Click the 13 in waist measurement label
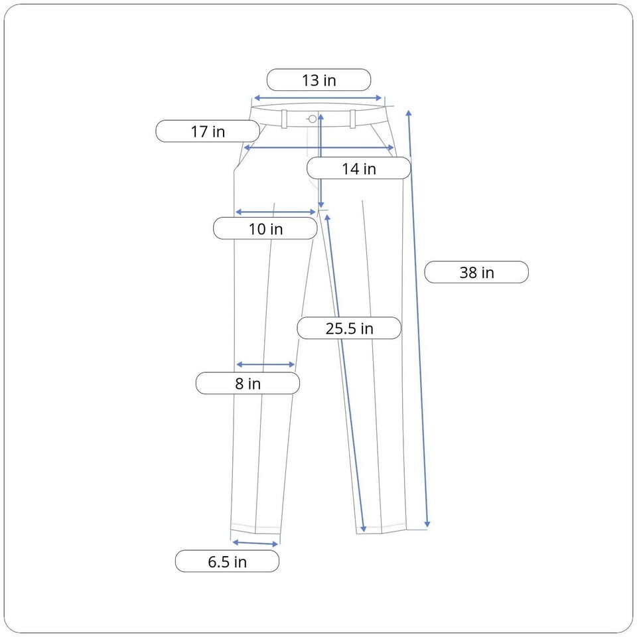319,80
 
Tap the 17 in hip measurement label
208,131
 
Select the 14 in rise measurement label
359,168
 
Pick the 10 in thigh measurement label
265,228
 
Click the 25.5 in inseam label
349,328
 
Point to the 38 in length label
476,272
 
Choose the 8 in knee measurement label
248,383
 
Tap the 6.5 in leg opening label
227,561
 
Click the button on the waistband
313,119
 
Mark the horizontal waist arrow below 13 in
318,98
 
